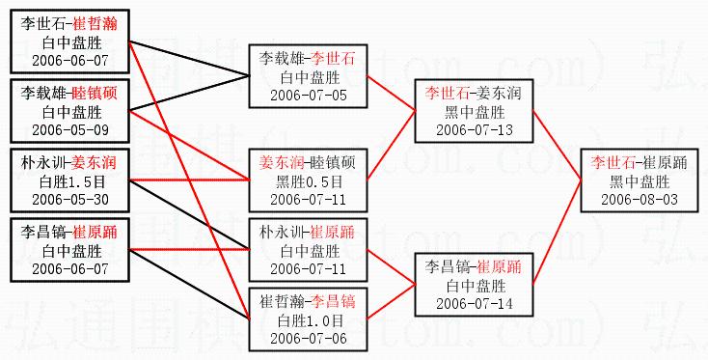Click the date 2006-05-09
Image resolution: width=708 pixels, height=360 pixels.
(70, 130)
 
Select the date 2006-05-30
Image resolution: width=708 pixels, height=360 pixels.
(70, 200)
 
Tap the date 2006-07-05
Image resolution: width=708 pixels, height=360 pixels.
(309, 96)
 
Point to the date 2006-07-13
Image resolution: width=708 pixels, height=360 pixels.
(475, 130)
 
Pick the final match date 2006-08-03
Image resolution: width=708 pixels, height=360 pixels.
(640, 200)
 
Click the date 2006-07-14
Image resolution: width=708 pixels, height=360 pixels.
(475, 303)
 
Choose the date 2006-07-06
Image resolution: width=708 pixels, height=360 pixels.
(309, 339)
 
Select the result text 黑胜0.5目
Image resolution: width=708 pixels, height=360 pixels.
(309, 182)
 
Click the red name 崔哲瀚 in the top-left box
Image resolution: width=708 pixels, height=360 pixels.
(95, 24)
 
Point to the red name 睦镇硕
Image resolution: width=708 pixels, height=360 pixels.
(95, 94)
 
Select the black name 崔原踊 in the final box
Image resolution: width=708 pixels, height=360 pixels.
(665, 163)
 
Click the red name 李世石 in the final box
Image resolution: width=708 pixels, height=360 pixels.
(613, 163)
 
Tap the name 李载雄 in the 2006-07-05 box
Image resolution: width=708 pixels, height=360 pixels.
(282, 59)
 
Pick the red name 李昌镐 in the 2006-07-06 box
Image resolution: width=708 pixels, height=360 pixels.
(333, 302)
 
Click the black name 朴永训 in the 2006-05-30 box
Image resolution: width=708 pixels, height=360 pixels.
(42, 163)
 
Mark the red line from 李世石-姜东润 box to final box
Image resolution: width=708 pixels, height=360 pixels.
(557, 145)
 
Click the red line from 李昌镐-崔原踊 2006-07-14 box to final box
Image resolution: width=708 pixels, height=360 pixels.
(557, 233)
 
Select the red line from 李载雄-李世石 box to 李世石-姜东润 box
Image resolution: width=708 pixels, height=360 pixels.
(391, 93)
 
